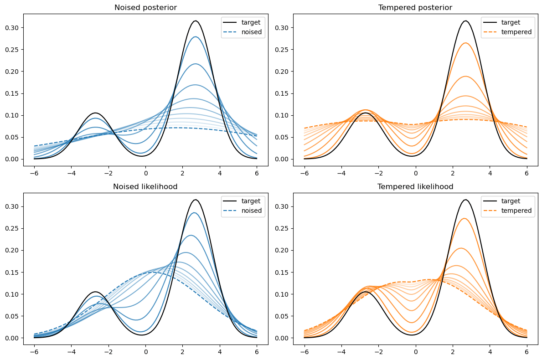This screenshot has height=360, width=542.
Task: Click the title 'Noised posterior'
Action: [145, 7]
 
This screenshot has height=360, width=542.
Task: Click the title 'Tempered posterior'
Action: [415, 7]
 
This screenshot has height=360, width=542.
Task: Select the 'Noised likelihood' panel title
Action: [145, 186]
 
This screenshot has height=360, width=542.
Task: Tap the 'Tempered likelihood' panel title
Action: [415, 186]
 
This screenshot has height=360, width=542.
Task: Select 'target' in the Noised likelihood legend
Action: [251, 201]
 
